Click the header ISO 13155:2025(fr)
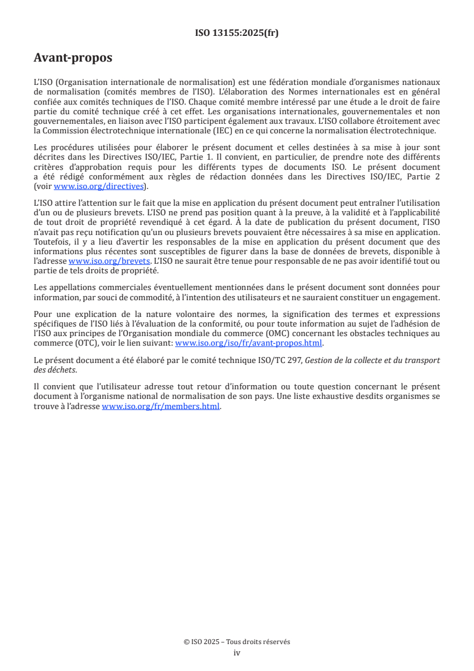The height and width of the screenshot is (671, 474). (x=237, y=33)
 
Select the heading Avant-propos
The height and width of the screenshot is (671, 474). (x=73, y=58)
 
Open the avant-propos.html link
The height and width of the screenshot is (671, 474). (x=248, y=343)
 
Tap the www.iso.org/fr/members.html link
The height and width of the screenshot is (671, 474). (x=161, y=406)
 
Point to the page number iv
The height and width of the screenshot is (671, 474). (x=237, y=652)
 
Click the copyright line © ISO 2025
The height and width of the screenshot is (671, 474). (x=237, y=642)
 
